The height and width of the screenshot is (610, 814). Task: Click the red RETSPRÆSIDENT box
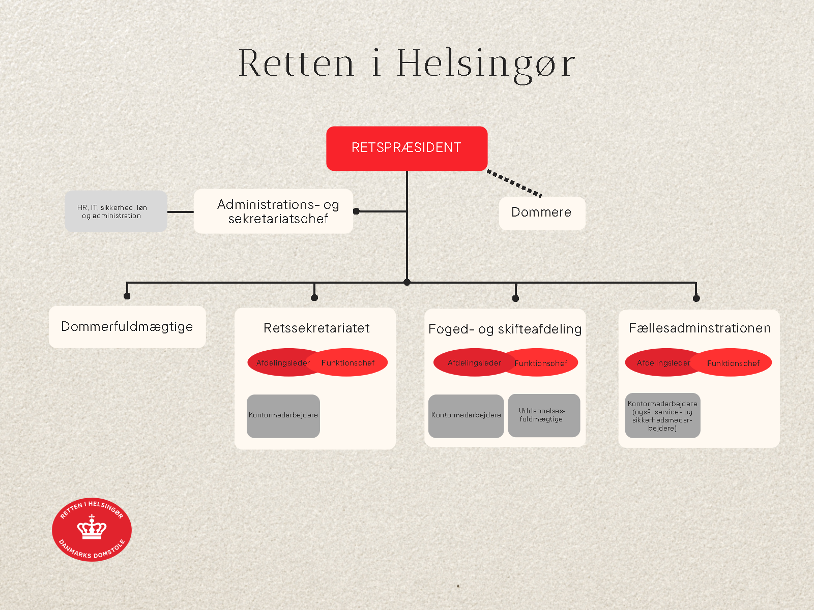point(406,148)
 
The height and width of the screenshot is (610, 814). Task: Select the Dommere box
point(541,212)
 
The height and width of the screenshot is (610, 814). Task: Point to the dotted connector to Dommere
point(514,183)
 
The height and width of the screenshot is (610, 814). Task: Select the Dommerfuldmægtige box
point(127,326)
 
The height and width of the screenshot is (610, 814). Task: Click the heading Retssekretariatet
point(316,328)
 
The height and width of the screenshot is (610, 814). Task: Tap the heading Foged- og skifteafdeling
point(505,329)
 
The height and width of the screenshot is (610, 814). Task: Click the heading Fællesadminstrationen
point(700,328)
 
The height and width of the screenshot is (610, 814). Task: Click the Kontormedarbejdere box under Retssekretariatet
point(283,416)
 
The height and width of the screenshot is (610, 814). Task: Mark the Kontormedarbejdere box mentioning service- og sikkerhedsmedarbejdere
point(662,416)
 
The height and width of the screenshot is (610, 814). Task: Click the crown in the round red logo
point(92,528)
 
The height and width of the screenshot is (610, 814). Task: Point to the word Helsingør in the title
point(485,64)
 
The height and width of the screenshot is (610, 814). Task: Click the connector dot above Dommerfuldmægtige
point(127,296)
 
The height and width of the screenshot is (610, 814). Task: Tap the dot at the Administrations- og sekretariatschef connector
point(356,211)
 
